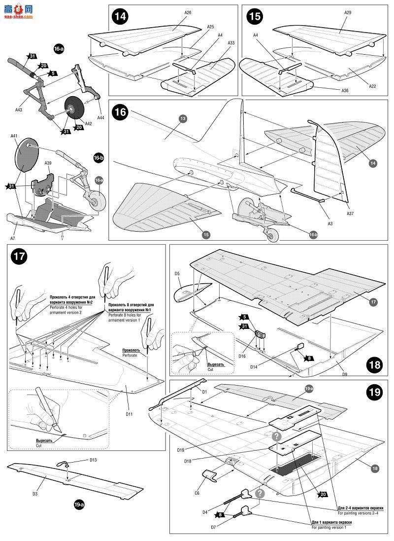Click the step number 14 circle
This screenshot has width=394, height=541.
[120, 16]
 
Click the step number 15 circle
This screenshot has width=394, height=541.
[254, 16]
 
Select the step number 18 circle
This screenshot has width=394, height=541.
[374, 365]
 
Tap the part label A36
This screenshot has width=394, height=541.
[348, 90]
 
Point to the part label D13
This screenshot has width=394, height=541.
[94, 460]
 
